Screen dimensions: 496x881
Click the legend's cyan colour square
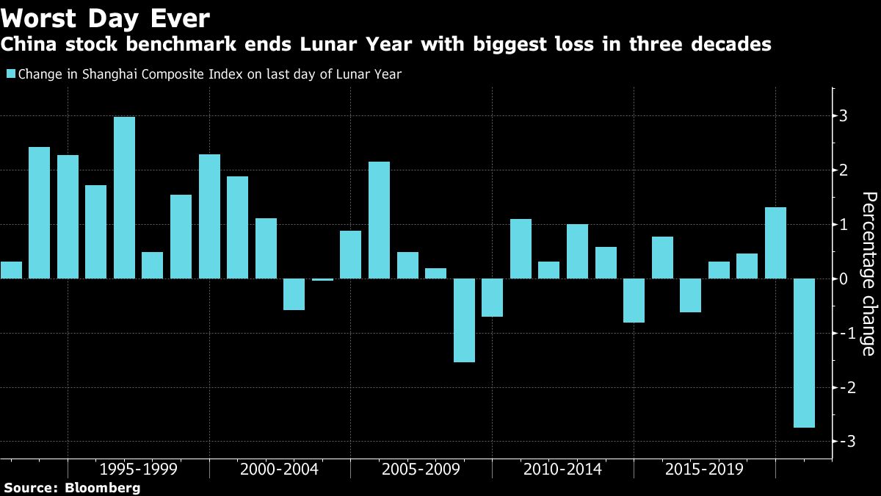(10, 73)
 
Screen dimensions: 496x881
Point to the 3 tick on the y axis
(844, 116)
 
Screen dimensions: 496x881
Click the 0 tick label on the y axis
(844, 278)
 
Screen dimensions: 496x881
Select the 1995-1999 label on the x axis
(138, 469)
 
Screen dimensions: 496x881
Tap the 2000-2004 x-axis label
(279, 469)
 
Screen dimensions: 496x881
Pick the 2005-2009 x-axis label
(421, 469)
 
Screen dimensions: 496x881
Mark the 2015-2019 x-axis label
(703, 469)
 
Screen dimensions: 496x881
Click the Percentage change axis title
(869, 273)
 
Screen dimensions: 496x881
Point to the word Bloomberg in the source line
(103, 487)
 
